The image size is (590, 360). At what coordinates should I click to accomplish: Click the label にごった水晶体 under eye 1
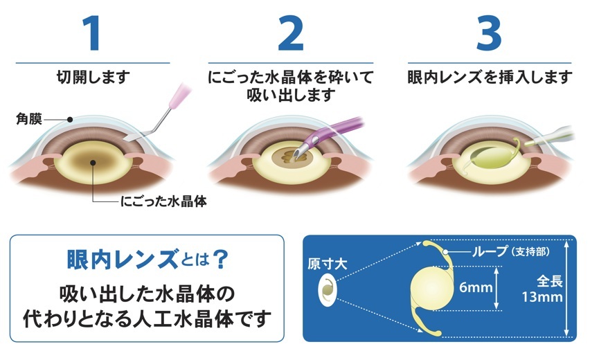[x=164, y=202]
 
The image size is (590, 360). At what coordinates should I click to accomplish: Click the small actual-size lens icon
[x=326, y=287]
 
